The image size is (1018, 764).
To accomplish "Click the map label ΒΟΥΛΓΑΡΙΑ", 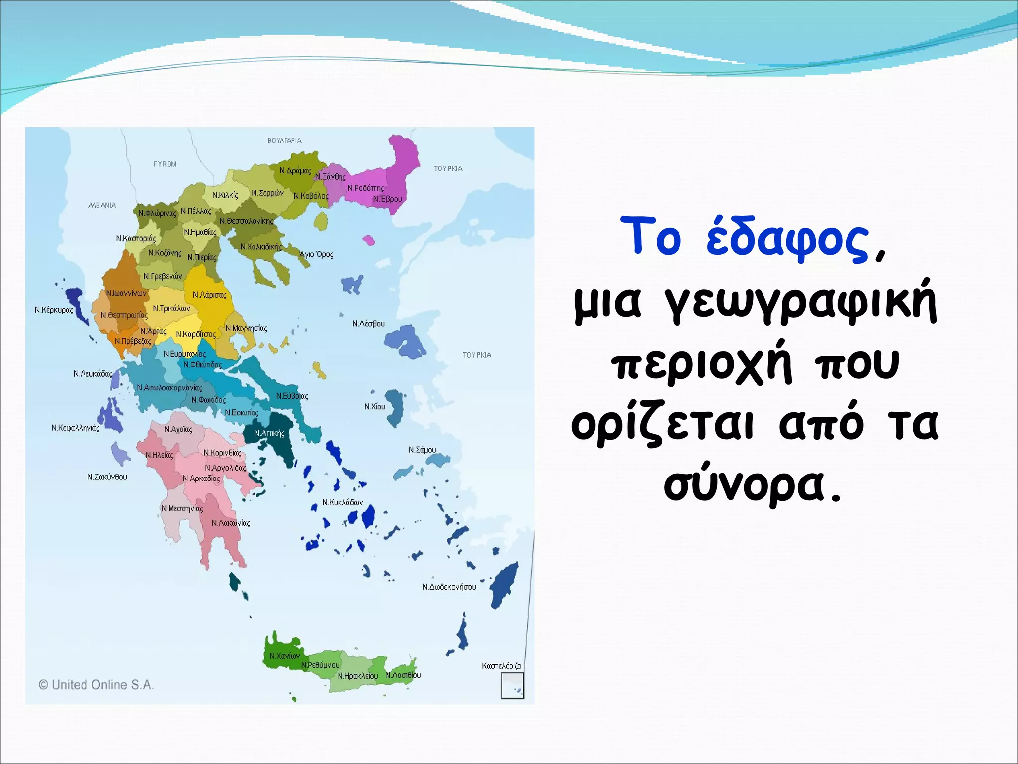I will (x=284, y=141).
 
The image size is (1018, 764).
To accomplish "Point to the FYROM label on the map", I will (x=165, y=164).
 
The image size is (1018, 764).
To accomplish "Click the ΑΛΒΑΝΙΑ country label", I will (x=102, y=205).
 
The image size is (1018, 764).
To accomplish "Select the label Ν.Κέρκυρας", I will (x=54, y=310).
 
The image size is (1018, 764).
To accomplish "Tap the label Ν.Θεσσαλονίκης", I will (x=247, y=221).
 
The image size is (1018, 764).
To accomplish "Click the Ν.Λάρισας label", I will (x=209, y=295).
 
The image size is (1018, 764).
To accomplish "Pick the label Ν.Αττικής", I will (x=269, y=433).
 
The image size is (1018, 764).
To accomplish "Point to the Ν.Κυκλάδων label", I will (x=342, y=502).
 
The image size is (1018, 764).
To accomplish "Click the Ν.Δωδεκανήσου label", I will (x=449, y=587).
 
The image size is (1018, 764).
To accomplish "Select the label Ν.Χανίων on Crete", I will (x=284, y=656).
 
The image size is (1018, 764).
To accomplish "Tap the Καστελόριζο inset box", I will (x=512, y=685).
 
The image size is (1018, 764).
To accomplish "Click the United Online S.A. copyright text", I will (x=96, y=685).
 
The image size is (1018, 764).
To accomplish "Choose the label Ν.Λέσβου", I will (x=368, y=324).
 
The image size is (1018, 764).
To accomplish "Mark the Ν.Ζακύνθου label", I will (x=107, y=477).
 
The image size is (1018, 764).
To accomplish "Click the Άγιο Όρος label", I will (x=316, y=255).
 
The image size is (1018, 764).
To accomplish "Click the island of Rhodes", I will (x=504, y=584).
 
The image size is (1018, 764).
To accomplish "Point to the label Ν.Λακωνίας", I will (x=231, y=523).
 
